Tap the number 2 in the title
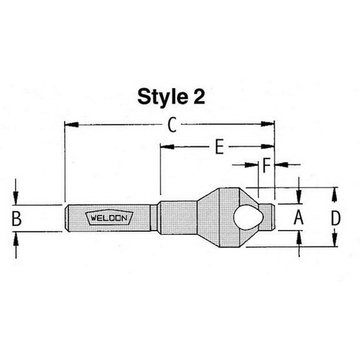pyautogui.click(x=198, y=96)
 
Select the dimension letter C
pyautogui.click(x=172, y=124)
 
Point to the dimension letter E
pyautogui.click(x=219, y=146)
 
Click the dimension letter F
pyautogui.click(x=266, y=165)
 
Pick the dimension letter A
pyautogui.click(x=299, y=217)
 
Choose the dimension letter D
pyautogui.click(x=335, y=217)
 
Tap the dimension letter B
pyautogui.click(x=16, y=218)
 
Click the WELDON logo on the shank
pyautogui.click(x=109, y=217)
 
